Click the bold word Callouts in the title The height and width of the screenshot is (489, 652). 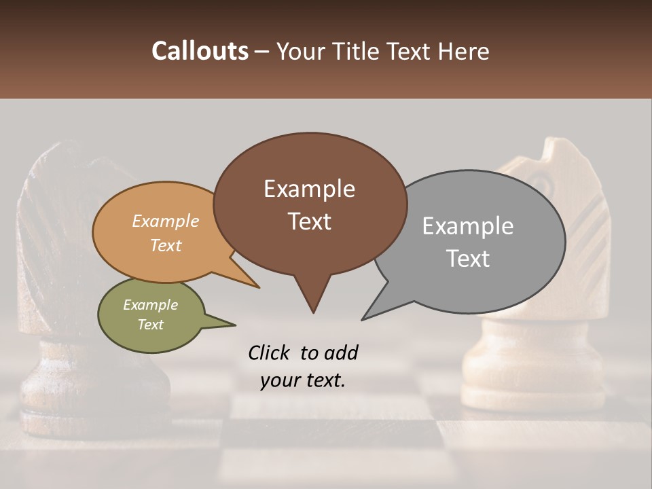pyautogui.click(x=200, y=51)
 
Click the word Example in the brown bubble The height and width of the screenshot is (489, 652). pyautogui.click(x=309, y=189)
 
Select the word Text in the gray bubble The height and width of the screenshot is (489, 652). pyautogui.click(x=468, y=259)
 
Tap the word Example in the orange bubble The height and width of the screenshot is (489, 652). pyautogui.click(x=165, y=221)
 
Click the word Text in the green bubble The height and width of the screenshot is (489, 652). pyautogui.click(x=150, y=325)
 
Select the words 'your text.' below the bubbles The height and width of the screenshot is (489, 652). pyautogui.click(x=302, y=380)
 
